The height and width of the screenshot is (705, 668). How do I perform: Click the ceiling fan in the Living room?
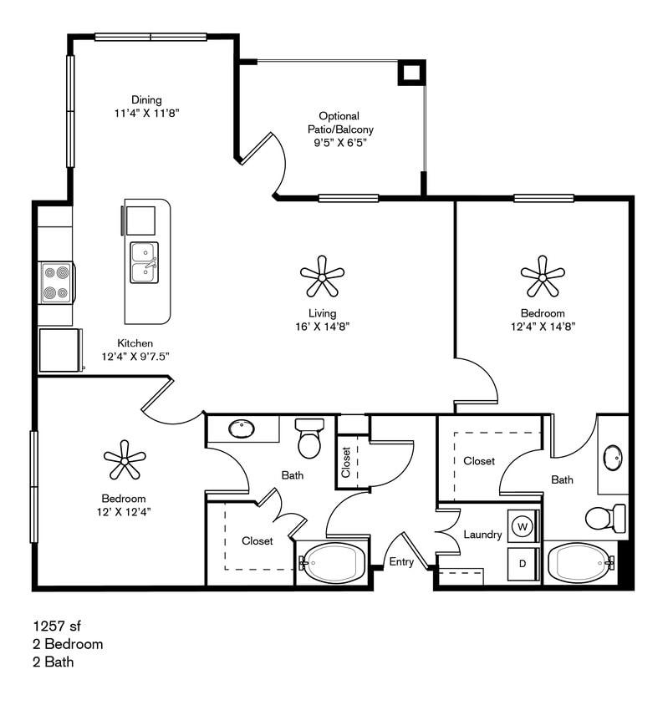(321, 276)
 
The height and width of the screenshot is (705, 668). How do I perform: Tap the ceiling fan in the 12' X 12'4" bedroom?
(125, 459)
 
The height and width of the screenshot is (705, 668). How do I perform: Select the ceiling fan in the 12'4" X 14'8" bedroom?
(542, 276)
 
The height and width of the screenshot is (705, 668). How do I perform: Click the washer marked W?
(523, 526)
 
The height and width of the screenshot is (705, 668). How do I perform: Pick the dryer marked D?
(523, 564)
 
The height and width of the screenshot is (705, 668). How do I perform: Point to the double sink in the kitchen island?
(144, 262)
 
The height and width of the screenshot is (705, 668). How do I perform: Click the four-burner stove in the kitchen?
(56, 283)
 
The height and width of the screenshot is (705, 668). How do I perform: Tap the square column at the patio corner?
(410, 74)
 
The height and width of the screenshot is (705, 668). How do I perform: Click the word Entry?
(401, 562)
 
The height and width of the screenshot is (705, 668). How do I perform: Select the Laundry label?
(482, 535)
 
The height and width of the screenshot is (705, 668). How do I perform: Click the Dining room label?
(146, 100)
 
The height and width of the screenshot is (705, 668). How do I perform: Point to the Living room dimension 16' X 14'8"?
(321, 327)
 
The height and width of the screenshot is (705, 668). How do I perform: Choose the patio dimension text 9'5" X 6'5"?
(339, 143)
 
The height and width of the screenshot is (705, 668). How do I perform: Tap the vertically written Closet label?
(346, 462)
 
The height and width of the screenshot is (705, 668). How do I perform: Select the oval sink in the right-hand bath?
(613, 458)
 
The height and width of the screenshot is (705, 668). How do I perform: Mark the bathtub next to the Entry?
(334, 564)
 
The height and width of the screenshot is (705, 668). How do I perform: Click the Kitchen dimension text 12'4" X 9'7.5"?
(135, 357)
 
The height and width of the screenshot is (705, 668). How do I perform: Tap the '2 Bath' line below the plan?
(54, 662)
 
